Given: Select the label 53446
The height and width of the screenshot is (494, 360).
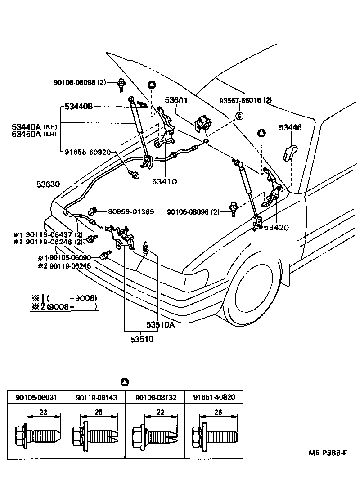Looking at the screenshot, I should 290,128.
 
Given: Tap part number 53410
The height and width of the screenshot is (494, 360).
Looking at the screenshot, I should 164,182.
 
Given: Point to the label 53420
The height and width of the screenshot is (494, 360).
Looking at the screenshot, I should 276,227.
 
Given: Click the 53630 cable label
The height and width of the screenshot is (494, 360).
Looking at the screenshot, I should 48,184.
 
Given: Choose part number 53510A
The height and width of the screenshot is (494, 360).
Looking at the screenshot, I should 160,325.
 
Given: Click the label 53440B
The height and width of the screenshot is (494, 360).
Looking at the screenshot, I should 79,107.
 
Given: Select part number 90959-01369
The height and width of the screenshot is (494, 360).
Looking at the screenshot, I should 130,211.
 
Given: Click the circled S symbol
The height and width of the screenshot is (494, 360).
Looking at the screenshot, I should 240,116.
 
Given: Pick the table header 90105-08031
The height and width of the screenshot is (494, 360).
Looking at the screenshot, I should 37,397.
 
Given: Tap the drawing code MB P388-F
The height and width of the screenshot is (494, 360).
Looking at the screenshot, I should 328,452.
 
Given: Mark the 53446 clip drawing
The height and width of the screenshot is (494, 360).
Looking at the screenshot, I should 289,152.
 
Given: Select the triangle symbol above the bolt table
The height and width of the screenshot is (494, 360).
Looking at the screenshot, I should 125,382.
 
